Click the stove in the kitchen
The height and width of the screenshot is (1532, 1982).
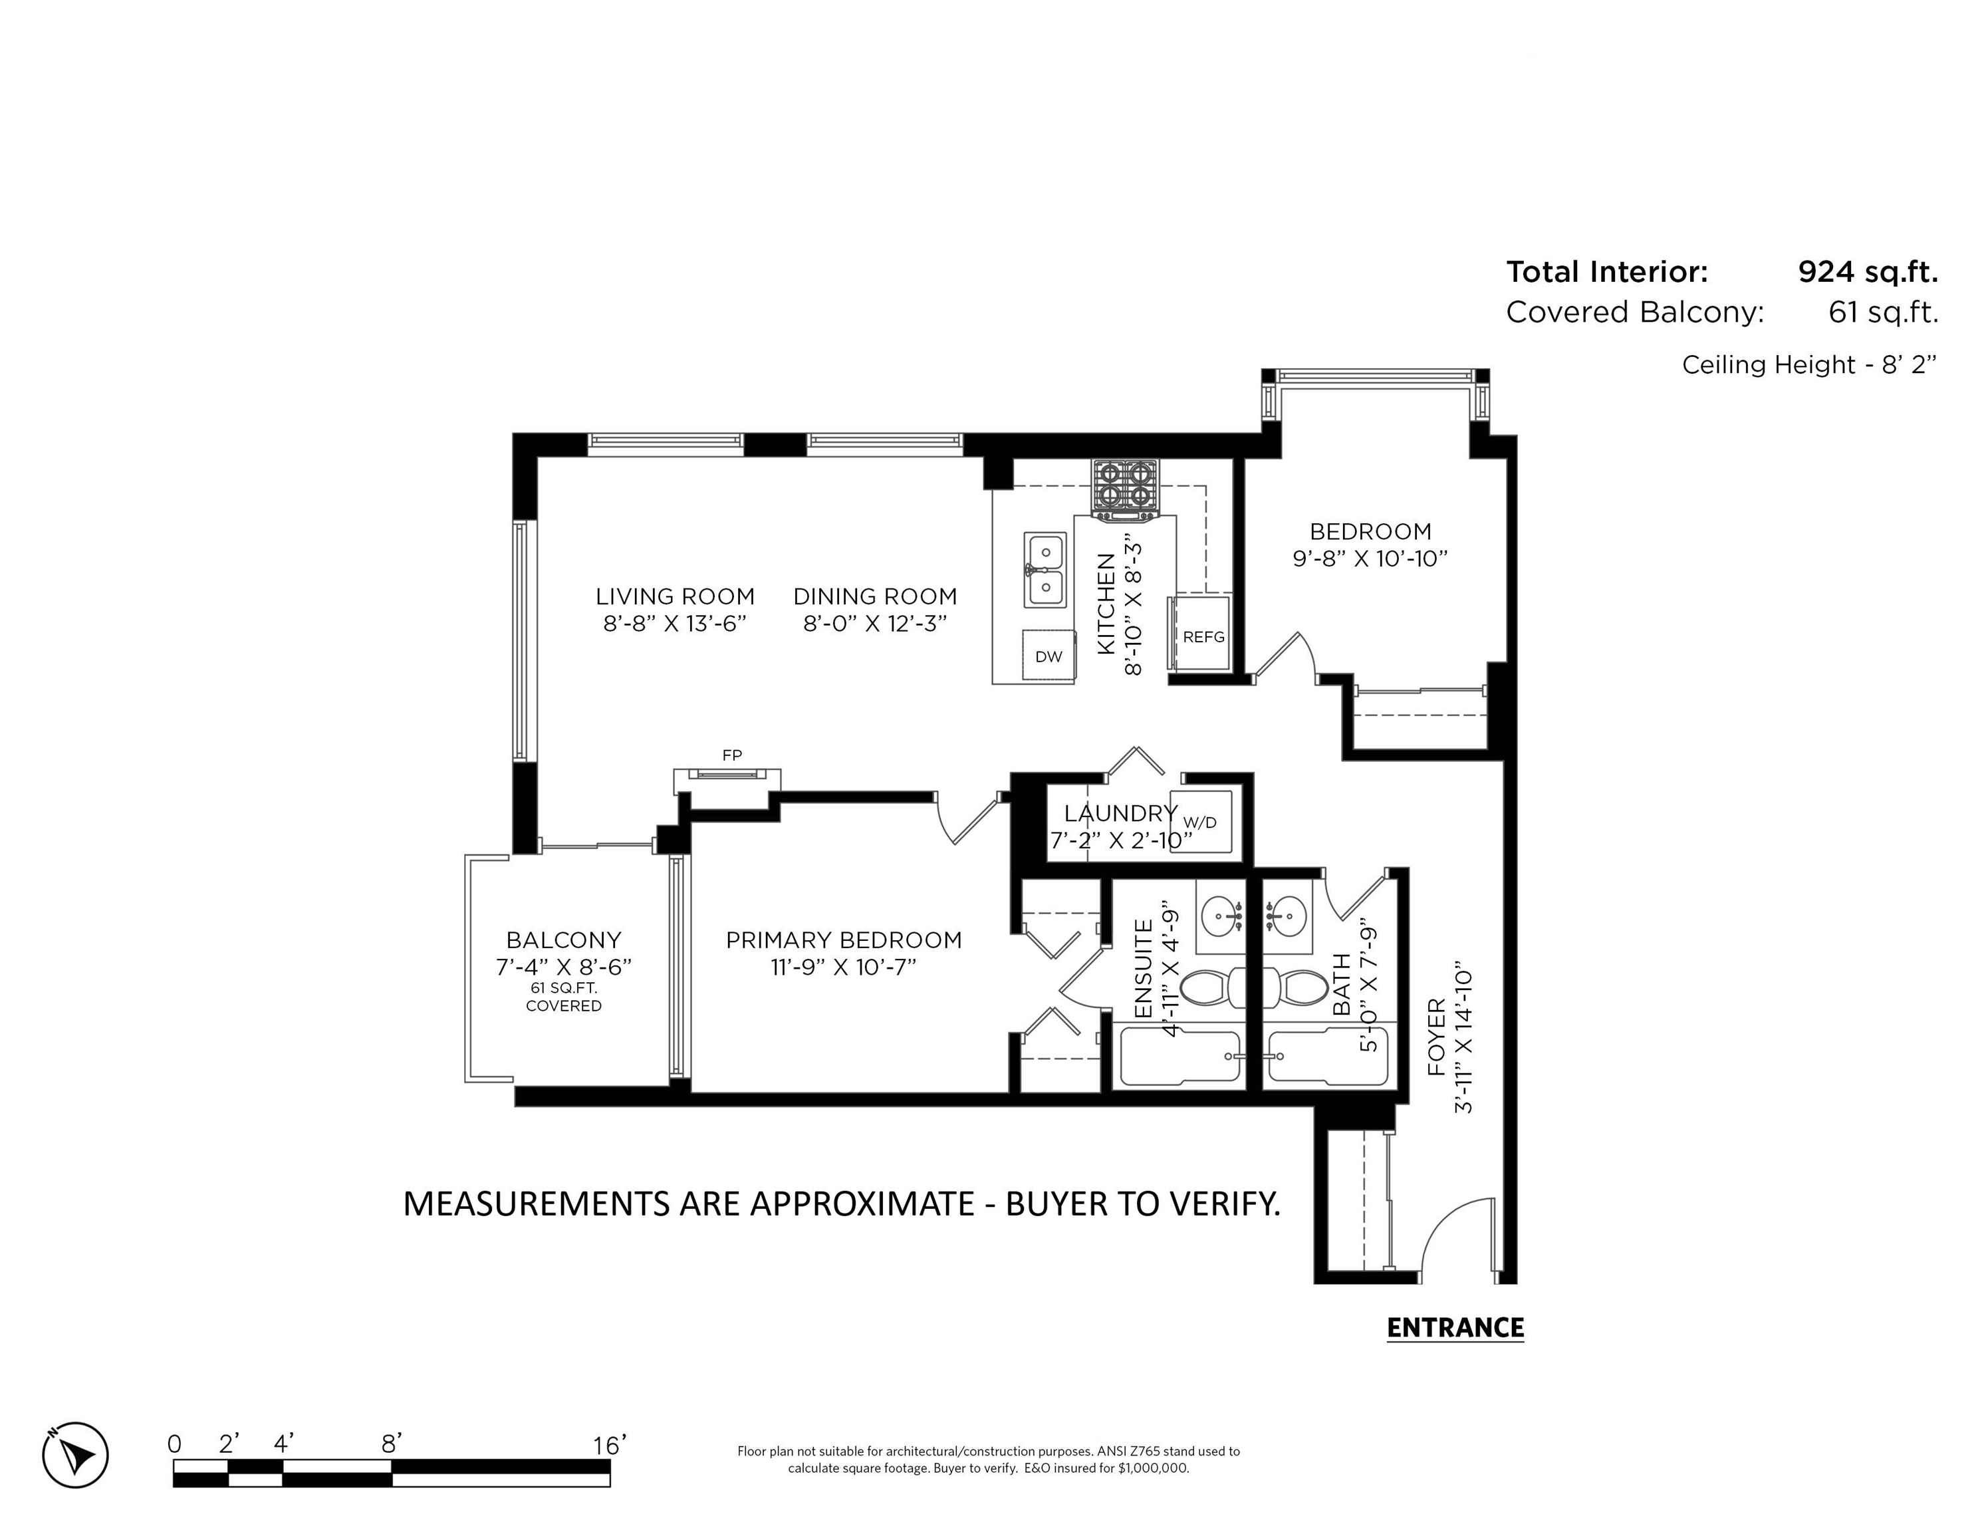coord(1126,490)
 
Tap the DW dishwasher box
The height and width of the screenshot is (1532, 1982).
coord(1048,655)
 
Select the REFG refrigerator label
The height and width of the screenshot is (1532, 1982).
coord(1203,637)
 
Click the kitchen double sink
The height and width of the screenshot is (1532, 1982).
coord(1045,570)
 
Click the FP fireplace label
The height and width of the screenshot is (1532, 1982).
coord(732,755)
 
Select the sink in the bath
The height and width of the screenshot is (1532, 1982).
coord(1287,916)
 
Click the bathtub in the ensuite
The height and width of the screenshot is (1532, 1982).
coord(1179,1057)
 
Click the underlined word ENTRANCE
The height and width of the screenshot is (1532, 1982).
coord(1455,1328)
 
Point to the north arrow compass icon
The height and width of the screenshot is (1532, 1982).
coord(75,1455)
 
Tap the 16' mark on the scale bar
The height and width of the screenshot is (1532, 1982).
coord(610,1445)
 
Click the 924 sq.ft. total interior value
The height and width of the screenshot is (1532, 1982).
coord(1868,271)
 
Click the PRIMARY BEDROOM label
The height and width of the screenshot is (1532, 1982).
coord(844,940)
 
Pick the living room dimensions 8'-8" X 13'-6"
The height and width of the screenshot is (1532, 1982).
coord(674,624)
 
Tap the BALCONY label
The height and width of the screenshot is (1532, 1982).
coord(564,940)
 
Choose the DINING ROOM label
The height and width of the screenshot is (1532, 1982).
coord(875,596)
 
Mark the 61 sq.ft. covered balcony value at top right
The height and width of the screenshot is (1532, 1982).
coord(1883,313)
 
